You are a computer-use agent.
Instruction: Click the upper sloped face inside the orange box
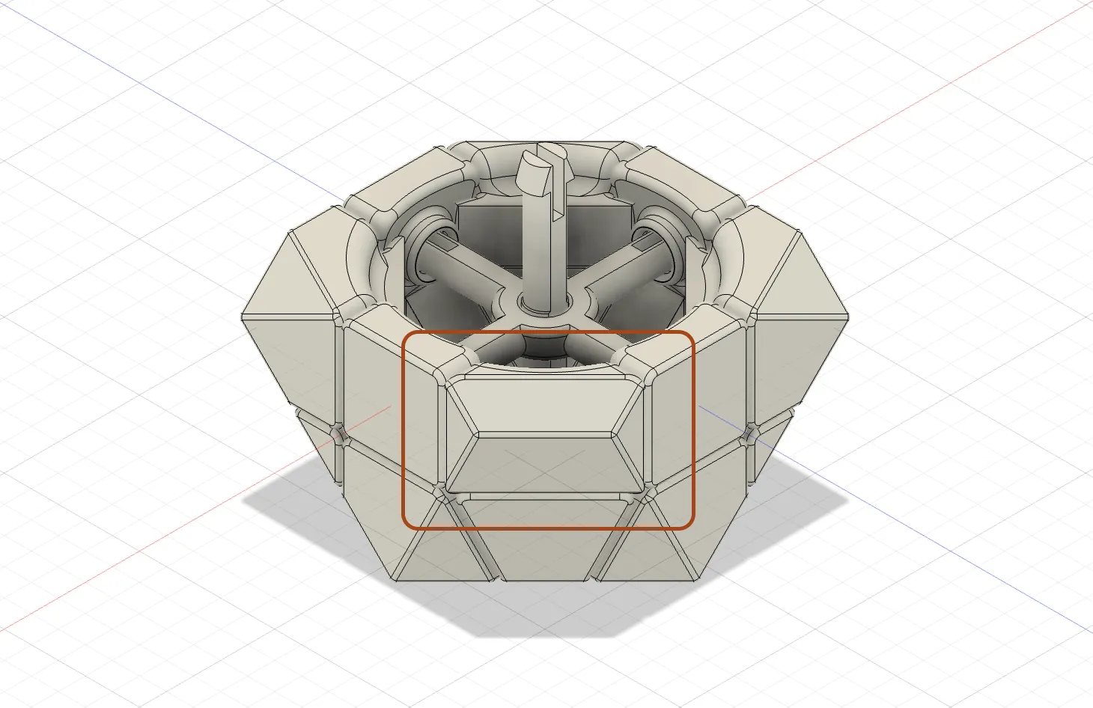[544, 405]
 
